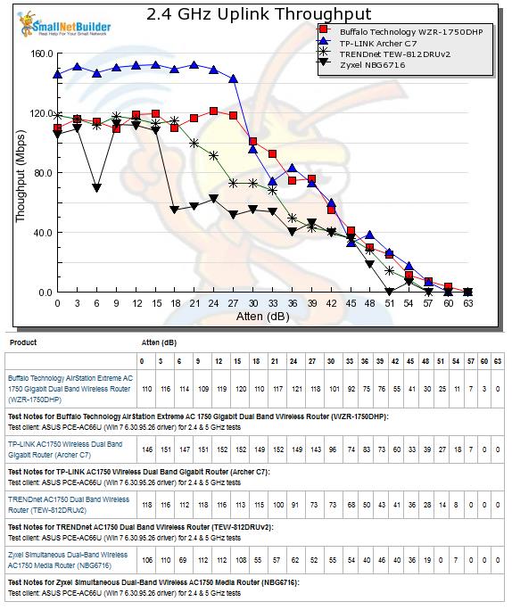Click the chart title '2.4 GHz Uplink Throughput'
[259, 14]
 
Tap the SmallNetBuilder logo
[64, 24]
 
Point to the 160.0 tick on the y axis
[42, 54]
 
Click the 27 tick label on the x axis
[233, 303]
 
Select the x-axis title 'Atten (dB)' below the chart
[262, 317]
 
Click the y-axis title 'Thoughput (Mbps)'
[21, 177]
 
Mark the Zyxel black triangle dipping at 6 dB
[97, 188]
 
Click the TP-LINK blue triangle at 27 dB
[233, 79]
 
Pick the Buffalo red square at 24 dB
[213, 111]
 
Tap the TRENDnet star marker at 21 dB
[194, 144]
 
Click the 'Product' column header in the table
[23, 342]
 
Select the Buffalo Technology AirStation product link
[70, 389]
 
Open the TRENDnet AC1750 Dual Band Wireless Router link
[69, 505]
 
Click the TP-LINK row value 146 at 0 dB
[147, 449]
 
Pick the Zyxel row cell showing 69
[183, 560]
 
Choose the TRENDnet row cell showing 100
[277, 505]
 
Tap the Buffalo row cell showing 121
[296, 389]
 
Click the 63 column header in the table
[498, 361]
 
